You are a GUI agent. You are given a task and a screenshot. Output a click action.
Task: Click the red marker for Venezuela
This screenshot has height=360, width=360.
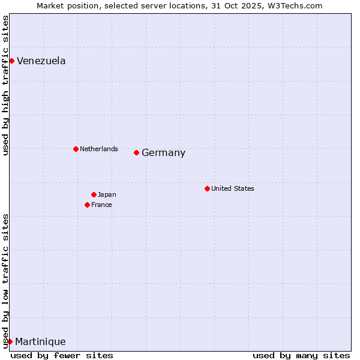point(11,61)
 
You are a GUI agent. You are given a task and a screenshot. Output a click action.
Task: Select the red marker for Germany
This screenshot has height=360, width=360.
point(136,152)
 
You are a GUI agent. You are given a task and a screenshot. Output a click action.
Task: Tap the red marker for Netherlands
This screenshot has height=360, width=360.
point(76,149)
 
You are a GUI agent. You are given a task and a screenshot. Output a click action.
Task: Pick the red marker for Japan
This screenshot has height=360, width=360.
point(94,194)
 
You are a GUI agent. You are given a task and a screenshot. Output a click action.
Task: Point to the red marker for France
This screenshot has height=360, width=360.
point(87,205)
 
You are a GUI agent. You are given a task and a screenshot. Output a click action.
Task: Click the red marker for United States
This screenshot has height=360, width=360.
point(207,188)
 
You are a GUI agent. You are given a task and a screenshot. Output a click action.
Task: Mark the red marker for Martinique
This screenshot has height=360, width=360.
point(10,341)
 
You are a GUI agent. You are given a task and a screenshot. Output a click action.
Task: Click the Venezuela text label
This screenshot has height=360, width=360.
point(41,61)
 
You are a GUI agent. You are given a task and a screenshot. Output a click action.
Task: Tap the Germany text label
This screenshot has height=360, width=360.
point(164,153)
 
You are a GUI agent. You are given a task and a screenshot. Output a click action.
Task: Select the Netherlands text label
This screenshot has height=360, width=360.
point(99,149)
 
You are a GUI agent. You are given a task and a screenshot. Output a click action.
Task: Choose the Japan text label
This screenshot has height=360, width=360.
point(107,194)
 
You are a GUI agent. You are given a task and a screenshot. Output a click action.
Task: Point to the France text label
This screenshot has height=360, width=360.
point(101,205)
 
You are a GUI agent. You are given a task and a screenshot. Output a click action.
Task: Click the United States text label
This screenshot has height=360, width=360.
point(233,188)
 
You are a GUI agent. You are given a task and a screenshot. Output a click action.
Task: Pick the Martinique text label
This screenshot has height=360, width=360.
point(40,342)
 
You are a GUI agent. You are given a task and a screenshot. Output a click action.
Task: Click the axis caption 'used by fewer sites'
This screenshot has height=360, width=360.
point(62,355)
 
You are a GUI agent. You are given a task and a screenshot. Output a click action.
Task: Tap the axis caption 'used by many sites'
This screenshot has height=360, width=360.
point(301,355)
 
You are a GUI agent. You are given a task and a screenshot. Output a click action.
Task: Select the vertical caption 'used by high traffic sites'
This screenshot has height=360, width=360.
point(5,85)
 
